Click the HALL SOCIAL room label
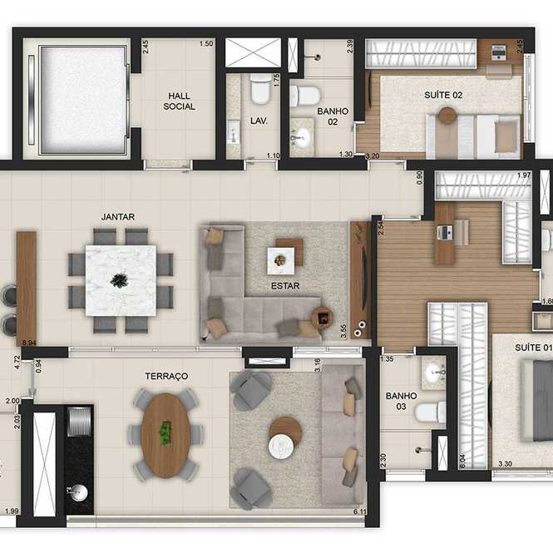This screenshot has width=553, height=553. coord(179,101)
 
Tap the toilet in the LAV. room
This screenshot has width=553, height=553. coord(261,88)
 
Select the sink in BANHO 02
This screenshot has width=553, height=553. coord(302,136)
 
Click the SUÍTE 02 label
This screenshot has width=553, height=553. coord(443,95)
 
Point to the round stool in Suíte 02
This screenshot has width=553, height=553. coord(447,116)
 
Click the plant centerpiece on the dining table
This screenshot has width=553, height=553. coord(119,280)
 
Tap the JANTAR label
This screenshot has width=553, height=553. coord(118,216)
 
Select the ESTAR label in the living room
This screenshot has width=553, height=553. coord(285,286)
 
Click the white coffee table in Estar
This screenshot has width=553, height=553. coord(281,260)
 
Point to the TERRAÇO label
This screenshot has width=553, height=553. coord(166,376)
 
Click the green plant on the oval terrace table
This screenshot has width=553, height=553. coord(165,432)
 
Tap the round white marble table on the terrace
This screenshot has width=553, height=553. coord(281,447)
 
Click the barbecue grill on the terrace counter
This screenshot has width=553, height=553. coord(79,422)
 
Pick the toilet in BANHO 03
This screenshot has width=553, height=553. coord(430,412)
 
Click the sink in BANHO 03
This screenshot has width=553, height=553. coord(434,372)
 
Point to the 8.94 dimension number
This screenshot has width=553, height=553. coord(29,343)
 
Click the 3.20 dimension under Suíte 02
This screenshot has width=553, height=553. coord(373,156)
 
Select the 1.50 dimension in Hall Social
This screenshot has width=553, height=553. coord(206,44)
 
